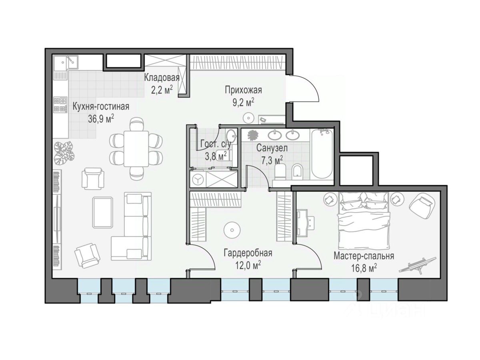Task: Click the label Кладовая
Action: [162, 78]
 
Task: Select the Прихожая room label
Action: [243, 90]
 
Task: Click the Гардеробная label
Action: [248, 253]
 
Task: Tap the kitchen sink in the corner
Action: [66, 62]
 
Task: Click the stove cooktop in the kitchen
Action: [60, 105]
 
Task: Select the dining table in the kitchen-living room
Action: [136, 149]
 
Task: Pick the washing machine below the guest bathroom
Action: [198, 180]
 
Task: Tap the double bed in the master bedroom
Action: [364, 220]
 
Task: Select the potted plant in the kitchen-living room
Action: [64, 153]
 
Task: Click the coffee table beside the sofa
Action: [102, 212]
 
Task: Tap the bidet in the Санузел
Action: [297, 170]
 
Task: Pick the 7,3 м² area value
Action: [272, 161]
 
